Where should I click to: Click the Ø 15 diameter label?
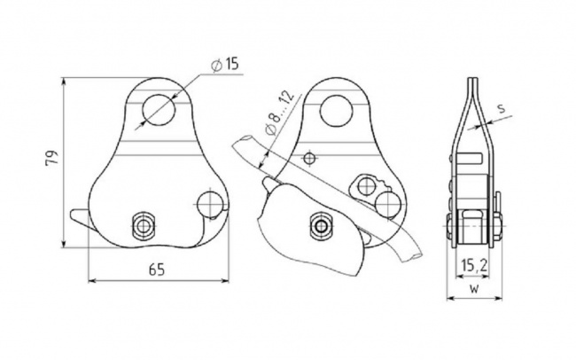click(x=224, y=65)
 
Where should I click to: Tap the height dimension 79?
click(x=51, y=158)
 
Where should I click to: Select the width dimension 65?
click(x=157, y=270)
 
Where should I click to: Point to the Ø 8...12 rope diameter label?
click(x=278, y=113)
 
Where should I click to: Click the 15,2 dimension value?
click(x=475, y=264)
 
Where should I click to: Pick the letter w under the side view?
click(x=474, y=289)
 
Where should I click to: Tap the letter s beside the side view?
click(x=502, y=108)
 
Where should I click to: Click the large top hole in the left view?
click(x=159, y=109)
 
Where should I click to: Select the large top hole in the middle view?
click(x=337, y=110)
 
